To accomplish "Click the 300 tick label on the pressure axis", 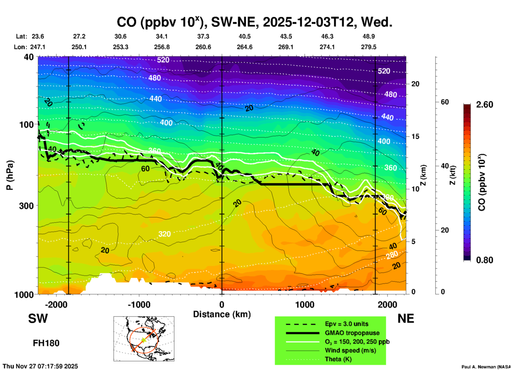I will tap(26, 206).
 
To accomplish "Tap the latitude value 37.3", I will tap(203, 36).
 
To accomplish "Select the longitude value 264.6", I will tap(244, 47).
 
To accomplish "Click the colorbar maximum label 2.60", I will tap(484, 105).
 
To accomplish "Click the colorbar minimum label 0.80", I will tap(484, 260).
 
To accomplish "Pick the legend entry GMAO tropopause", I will tap(352, 333).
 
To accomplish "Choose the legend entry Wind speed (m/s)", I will tap(350, 350).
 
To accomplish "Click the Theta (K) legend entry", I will tap(338, 359).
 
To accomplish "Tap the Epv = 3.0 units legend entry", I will tap(347, 324).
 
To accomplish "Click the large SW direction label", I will tap(38, 319).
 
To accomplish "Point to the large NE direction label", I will tap(406, 319).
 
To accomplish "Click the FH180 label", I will tap(46, 343).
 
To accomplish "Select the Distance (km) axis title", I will tap(222, 314).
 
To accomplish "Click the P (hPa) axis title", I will tap(10, 175).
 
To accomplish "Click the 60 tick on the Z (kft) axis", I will tap(445, 102).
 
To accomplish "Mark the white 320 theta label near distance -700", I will tap(164, 234).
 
